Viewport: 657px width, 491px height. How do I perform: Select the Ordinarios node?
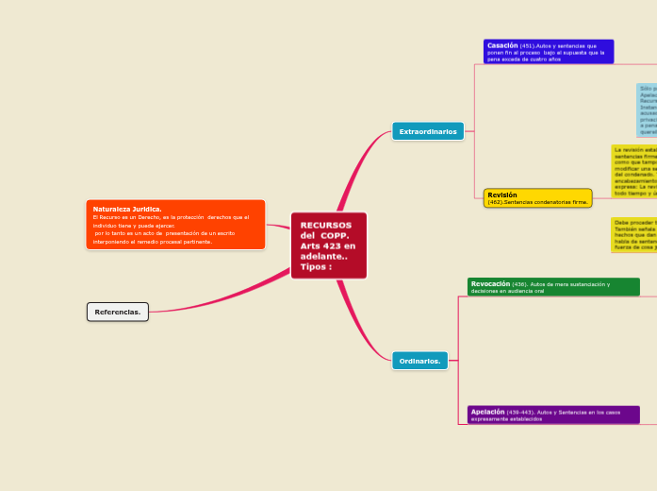click(x=419, y=361)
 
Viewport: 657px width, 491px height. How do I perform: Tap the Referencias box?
click(x=118, y=312)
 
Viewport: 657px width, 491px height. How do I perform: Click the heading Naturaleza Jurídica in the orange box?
click(x=127, y=209)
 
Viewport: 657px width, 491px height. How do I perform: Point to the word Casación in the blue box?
click(x=502, y=44)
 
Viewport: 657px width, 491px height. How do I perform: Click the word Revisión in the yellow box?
click(x=502, y=195)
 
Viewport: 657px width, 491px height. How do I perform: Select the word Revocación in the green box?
click(x=490, y=283)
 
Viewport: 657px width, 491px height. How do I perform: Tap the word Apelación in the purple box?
click(x=488, y=412)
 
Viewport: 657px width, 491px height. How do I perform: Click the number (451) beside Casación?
click(x=528, y=45)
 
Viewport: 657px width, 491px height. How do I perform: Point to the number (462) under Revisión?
click(x=496, y=202)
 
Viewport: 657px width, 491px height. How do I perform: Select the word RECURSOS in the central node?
click(x=326, y=225)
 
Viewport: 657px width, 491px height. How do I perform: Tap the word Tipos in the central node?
click(x=314, y=267)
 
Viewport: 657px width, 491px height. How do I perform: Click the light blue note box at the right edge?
click(x=647, y=111)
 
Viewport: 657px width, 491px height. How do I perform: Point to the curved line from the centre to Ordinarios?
click(x=363, y=326)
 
